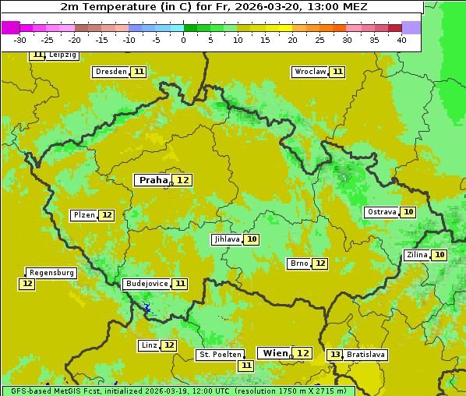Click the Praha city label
click(x=154, y=180)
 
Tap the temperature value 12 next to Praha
click(x=183, y=180)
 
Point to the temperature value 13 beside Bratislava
click(x=335, y=355)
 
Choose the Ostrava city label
click(x=382, y=212)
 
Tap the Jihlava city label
click(x=227, y=239)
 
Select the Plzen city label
click(x=84, y=215)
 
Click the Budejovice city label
click(x=147, y=284)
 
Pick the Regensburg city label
click(x=51, y=273)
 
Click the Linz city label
click(x=149, y=345)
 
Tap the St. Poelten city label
click(x=221, y=355)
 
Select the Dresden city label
click(x=111, y=72)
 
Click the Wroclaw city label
click(x=310, y=72)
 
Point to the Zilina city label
click(x=417, y=255)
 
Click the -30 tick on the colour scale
click(x=20, y=39)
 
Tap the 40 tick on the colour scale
click(x=401, y=39)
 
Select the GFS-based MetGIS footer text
click(x=178, y=391)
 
